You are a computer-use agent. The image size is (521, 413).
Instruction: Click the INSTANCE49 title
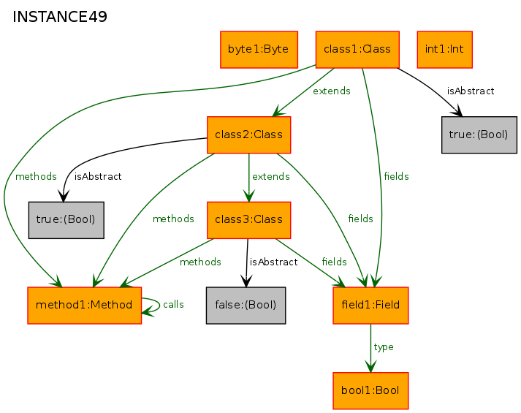tap(60, 17)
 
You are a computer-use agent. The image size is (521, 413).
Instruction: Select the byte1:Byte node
tap(259, 50)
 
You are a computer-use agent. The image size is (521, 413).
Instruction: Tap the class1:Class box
tap(357, 50)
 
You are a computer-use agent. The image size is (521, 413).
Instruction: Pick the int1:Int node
tap(444, 50)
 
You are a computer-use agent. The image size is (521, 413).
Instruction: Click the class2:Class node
tap(249, 135)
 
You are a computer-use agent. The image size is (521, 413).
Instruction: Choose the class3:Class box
tap(249, 220)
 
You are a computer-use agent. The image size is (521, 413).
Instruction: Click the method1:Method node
tap(84, 306)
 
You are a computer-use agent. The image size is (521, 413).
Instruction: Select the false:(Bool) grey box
tap(246, 306)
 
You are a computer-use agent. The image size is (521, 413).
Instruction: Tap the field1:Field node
tap(370, 306)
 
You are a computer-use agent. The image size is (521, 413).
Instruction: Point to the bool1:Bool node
tap(370, 391)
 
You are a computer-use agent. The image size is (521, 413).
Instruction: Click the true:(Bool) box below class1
tap(479, 135)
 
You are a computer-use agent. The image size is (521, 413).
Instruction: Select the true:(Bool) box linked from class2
tap(66, 220)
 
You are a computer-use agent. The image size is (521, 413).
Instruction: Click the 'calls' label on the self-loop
tap(173, 304)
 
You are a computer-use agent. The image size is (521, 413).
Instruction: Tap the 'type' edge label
tap(384, 347)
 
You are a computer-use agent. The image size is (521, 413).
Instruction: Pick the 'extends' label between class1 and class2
tap(332, 91)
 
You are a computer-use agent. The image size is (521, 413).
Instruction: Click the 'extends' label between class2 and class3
tap(271, 176)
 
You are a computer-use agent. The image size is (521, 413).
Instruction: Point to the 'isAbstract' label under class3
tap(273, 262)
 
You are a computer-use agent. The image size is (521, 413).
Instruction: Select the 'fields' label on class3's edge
tap(334, 262)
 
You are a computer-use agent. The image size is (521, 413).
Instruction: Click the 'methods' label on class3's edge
tap(200, 262)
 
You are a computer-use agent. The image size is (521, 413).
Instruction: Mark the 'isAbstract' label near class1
tap(471, 91)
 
